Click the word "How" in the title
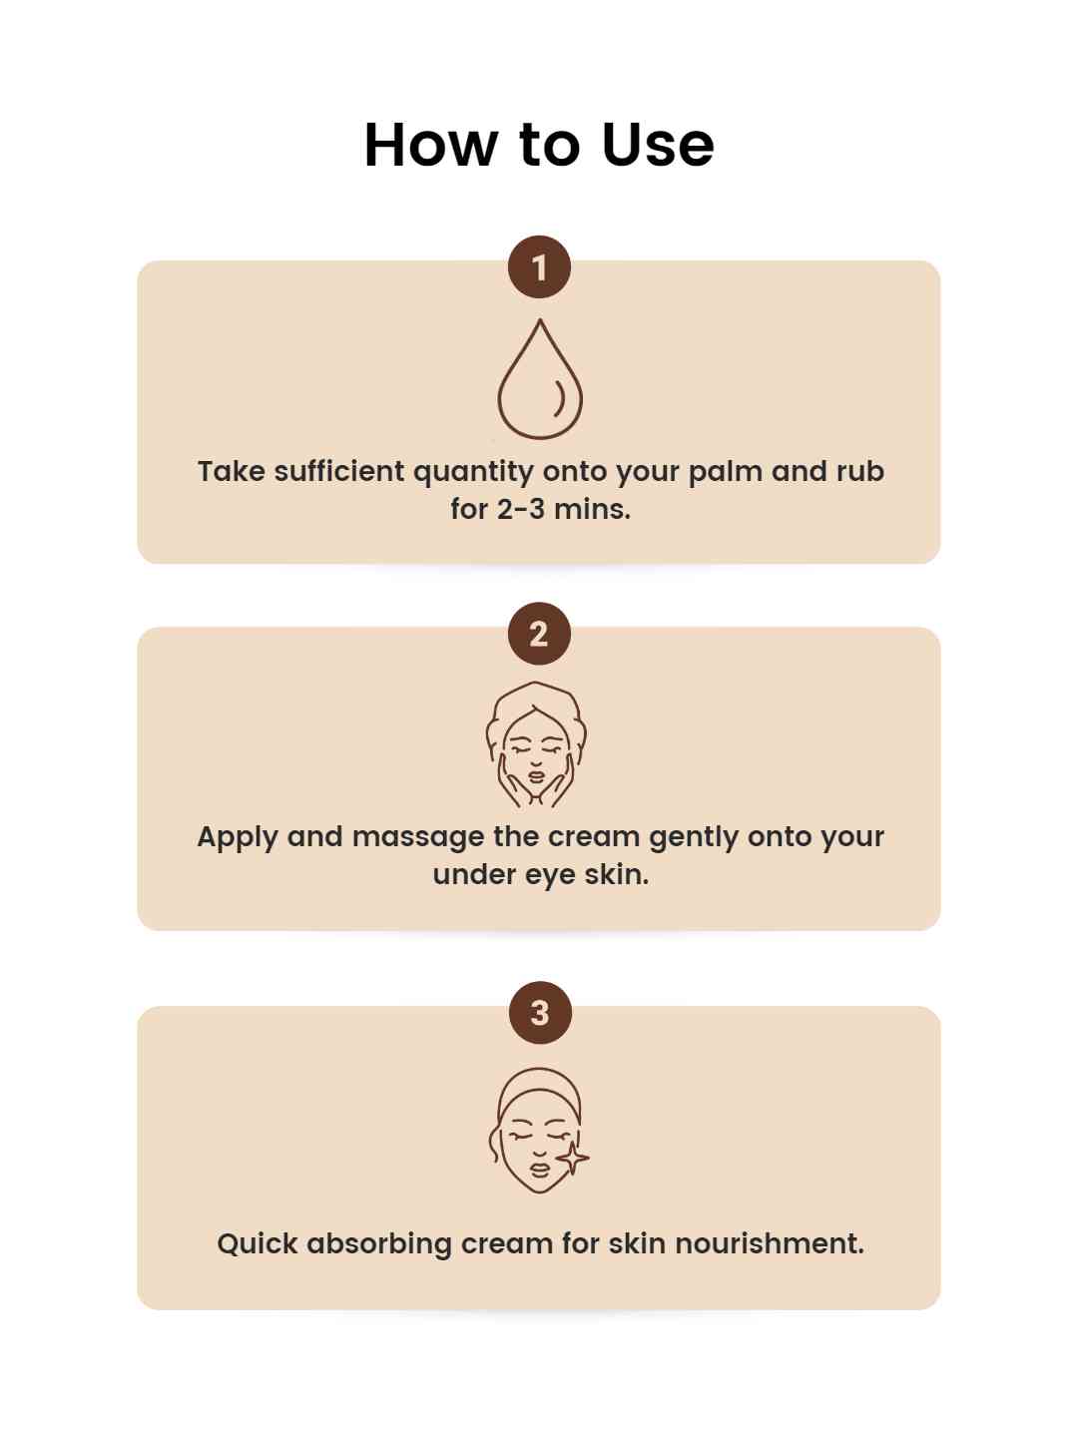coord(430,145)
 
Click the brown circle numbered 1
coord(539,267)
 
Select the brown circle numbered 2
coord(539,634)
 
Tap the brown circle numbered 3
coord(539,1012)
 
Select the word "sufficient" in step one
coord(339,471)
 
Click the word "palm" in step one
coord(726,472)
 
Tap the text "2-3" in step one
coord(520,509)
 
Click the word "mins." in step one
coord(592,509)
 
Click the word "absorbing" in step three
coord(379,1244)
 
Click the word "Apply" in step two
coord(238,838)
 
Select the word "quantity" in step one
coord(473,472)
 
